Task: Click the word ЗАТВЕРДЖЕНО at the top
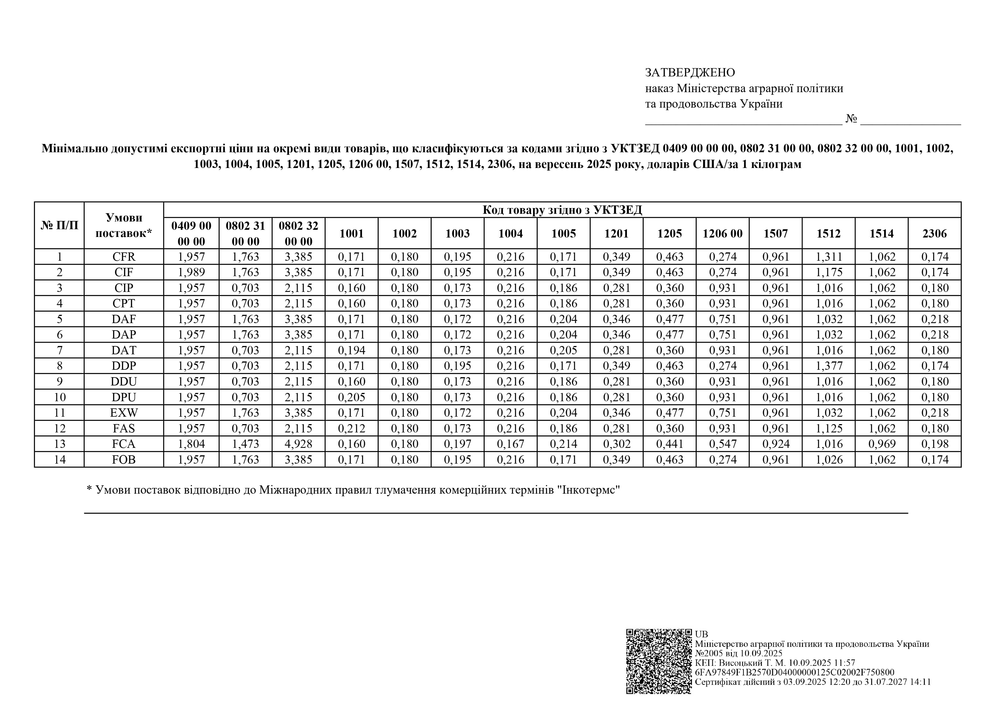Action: coord(690,72)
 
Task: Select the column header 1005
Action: coord(563,234)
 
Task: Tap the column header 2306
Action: coord(935,234)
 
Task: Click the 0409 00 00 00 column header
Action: coord(191,234)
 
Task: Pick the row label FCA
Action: coord(124,444)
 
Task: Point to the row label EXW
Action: coord(124,413)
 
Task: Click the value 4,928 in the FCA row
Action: coord(298,444)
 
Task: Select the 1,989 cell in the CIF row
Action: coord(191,272)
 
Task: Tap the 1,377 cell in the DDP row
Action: coord(829,366)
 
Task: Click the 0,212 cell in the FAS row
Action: coord(351,428)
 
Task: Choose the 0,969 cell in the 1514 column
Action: coord(882,444)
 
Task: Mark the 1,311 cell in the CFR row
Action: coord(829,257)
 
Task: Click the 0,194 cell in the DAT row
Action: coord(351,350)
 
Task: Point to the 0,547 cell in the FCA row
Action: coord(723,444)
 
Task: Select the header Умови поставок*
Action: coord(124,225)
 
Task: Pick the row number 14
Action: coord(60,460)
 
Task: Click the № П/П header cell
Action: coord(60,225)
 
